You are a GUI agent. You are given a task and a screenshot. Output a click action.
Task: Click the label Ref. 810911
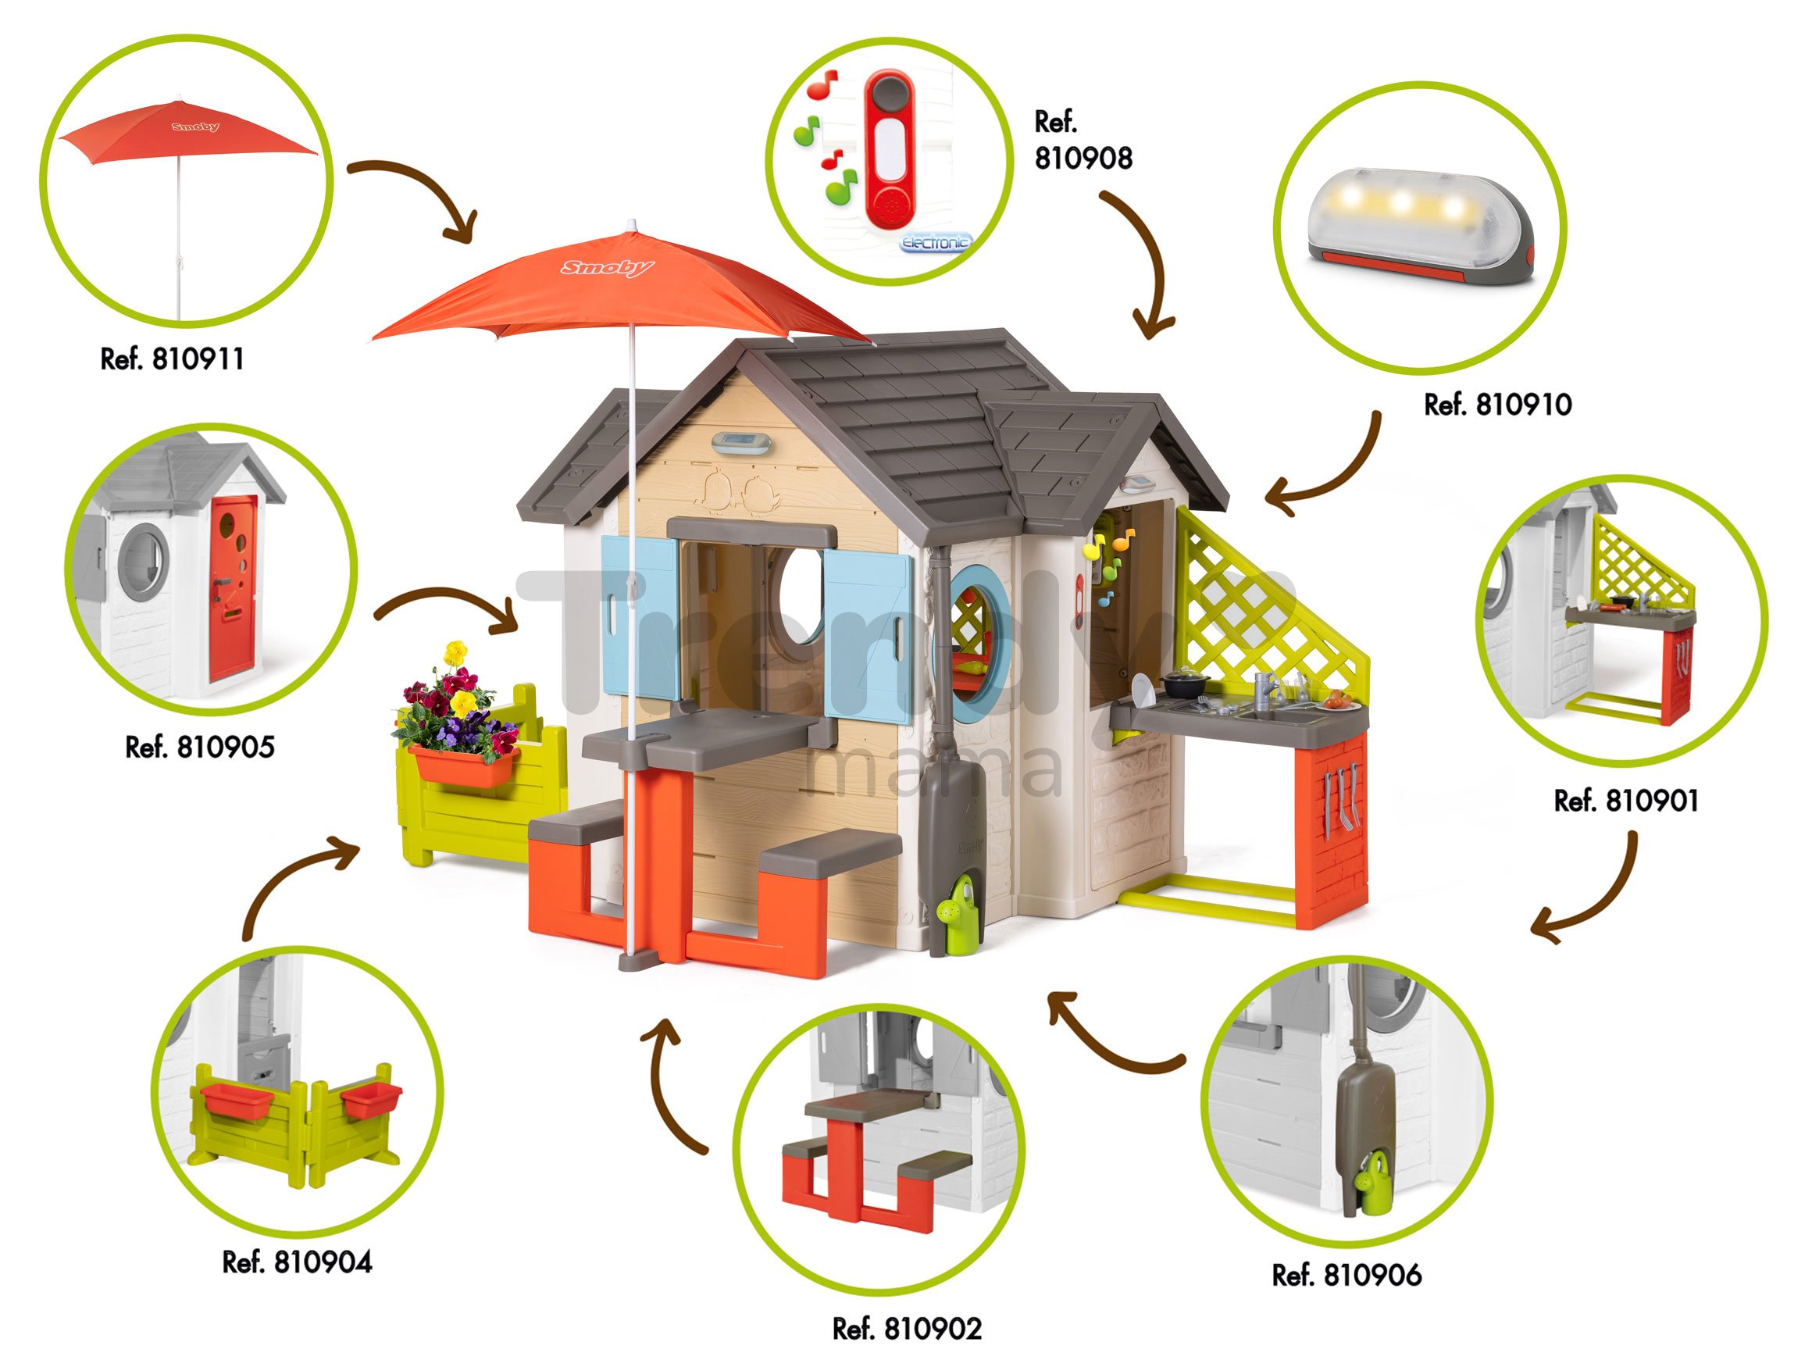point(172,359)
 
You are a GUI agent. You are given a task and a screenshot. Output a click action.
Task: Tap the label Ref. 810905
point(200,747)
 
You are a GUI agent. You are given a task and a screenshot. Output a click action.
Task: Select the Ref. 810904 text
point(297,1262)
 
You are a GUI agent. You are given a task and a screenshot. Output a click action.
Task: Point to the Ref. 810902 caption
point(907,1329)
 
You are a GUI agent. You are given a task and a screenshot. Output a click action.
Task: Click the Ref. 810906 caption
point(1347,1276)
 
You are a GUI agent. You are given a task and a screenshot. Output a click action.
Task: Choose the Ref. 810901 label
point(1626,800)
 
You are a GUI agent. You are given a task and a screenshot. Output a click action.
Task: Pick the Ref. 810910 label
point(1497,405)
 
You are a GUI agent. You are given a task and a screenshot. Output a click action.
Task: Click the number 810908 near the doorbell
point(1083,158)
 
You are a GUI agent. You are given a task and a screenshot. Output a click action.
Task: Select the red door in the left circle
point(233,587)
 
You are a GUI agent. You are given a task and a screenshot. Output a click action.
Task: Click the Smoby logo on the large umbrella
point(607,268)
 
